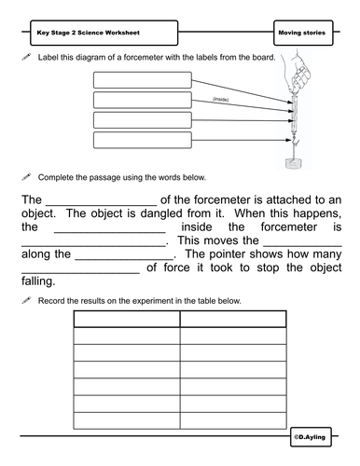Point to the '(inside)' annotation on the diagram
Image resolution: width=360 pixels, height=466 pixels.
220,99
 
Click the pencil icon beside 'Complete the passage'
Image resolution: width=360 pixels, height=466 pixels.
26,176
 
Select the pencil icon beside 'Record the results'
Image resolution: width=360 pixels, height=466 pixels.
26,300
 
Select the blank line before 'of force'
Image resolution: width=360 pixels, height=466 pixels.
78,267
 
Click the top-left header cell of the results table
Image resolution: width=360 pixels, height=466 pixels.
126,321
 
